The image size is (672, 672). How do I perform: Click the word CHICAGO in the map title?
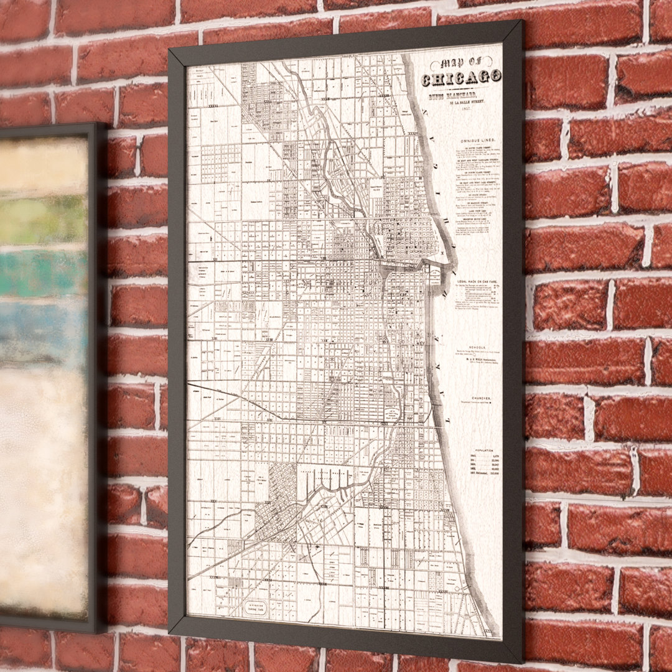pyautogui.click(x=461, y=78)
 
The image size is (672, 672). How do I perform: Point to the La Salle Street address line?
pyautogui.click(x=473, y=103)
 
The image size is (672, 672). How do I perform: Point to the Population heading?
pyautogui.click(x=483, y=449)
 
